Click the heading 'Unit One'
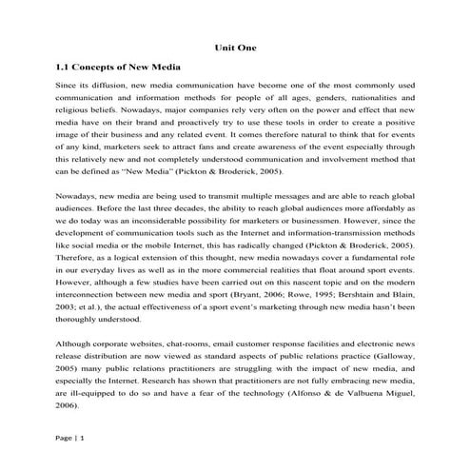pyautogui.click(x=235, y=48)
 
